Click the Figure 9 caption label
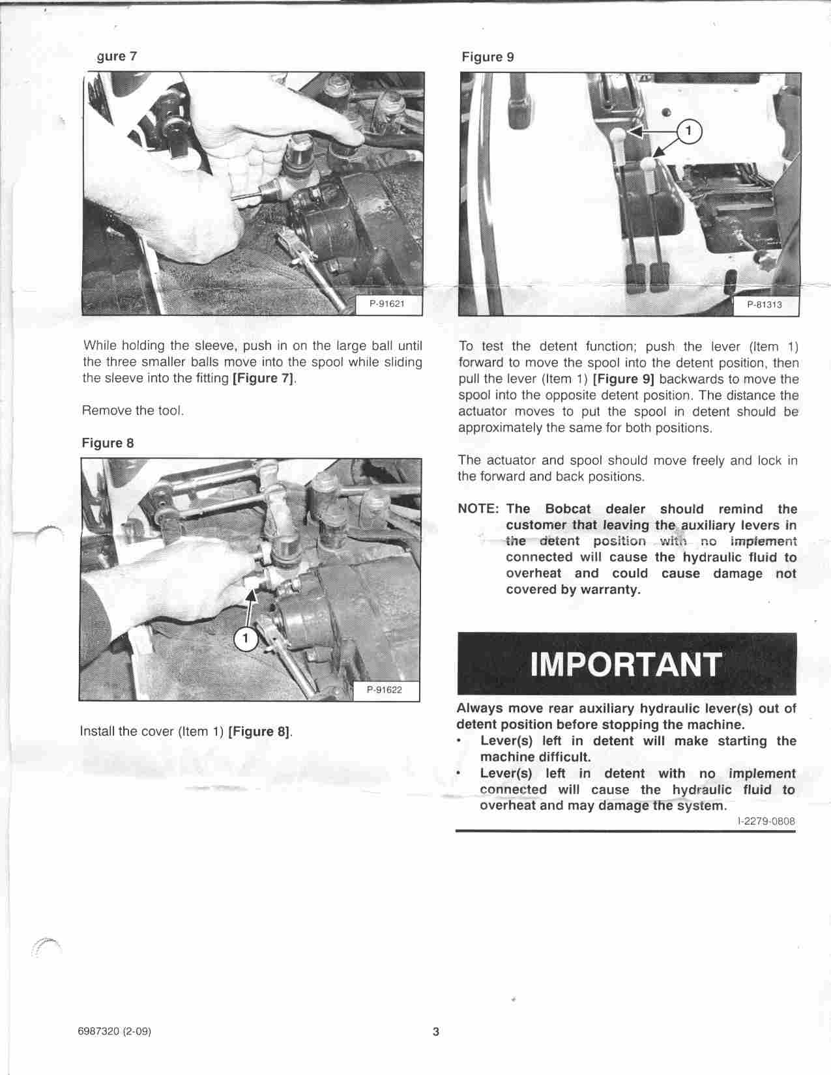(x=488, y=57)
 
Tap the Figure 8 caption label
(x=108, y=443)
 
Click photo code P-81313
(x=764, y=305)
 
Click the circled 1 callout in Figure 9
(x=688, y=132)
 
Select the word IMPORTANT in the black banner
(x=626, y=664)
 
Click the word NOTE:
(x=479, y=509)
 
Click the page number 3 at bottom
(x=436, y=1031)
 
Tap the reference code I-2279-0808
(x=766, y=821)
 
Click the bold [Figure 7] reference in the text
(x=264, y=379)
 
